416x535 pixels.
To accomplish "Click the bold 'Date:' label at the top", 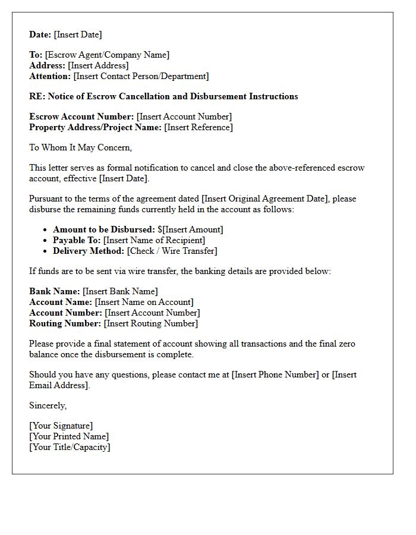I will tap(40, 34).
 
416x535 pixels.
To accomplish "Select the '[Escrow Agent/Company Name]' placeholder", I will tap(107, 55).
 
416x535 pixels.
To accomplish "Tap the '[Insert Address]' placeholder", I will tap(98, 65).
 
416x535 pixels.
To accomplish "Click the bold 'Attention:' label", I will tap(50, 76).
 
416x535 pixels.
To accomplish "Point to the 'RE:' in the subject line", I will tap(37, 96).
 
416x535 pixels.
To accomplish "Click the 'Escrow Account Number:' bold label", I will tap(81, 117).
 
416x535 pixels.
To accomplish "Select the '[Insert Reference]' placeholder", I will tap(198, 127).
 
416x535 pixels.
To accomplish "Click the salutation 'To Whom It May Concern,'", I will tap(81, 147).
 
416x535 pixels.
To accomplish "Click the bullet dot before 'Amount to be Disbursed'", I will tap(46, 230).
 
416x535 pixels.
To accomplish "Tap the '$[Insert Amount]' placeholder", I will tap(190, 229).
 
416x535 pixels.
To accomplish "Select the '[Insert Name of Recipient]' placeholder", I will tap(154, 240).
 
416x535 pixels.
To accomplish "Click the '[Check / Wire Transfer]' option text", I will tap(172, 251).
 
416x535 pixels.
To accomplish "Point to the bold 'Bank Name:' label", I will tap(55, 291).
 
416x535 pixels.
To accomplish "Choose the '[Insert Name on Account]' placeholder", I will tap(144, 302).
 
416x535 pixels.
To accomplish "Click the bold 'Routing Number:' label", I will tap(65, 323).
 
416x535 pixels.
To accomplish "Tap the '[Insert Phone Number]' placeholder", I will tap(275, 374).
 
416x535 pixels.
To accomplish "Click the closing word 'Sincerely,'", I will tap(48, 405).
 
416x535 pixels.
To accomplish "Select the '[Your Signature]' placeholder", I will tap(61, 426).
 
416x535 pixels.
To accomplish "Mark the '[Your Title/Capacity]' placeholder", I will tap(70, 447).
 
